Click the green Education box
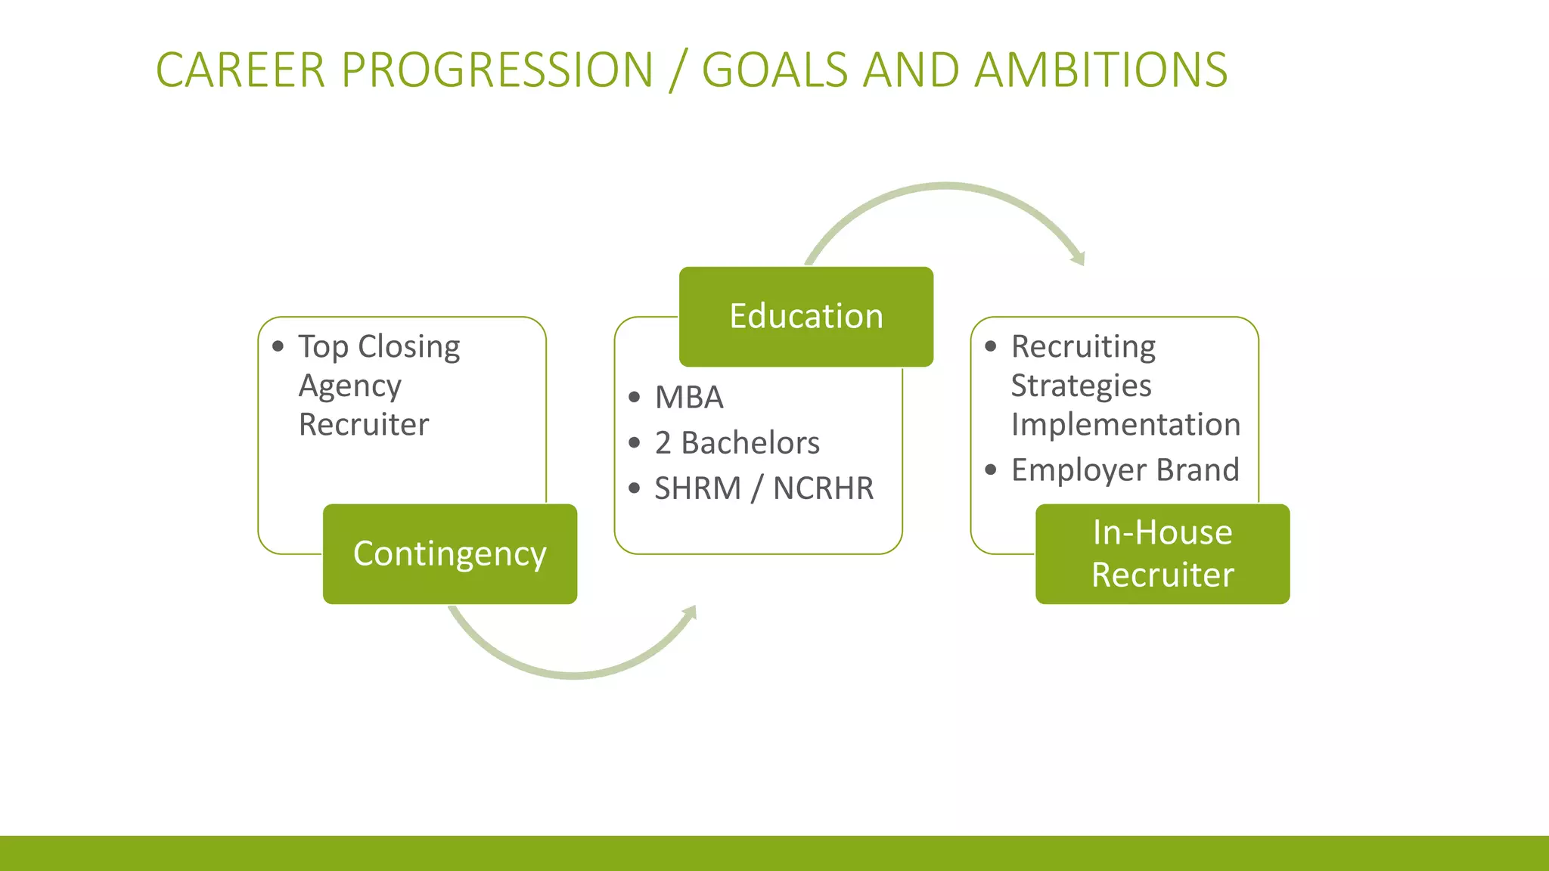[806, 317]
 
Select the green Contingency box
[449, 554]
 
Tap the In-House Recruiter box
[1162, 554]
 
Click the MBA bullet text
[689, 398]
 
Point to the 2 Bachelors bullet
[737, 443]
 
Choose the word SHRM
[697, 488]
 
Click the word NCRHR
[823, 488]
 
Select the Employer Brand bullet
[1125, 470]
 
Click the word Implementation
[1125, 425]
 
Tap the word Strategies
[1081, 386]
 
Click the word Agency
[349, 386]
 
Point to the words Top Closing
[379, 347]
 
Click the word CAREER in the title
[240, 70]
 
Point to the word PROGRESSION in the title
[497, 70]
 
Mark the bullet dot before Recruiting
[991, 347]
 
